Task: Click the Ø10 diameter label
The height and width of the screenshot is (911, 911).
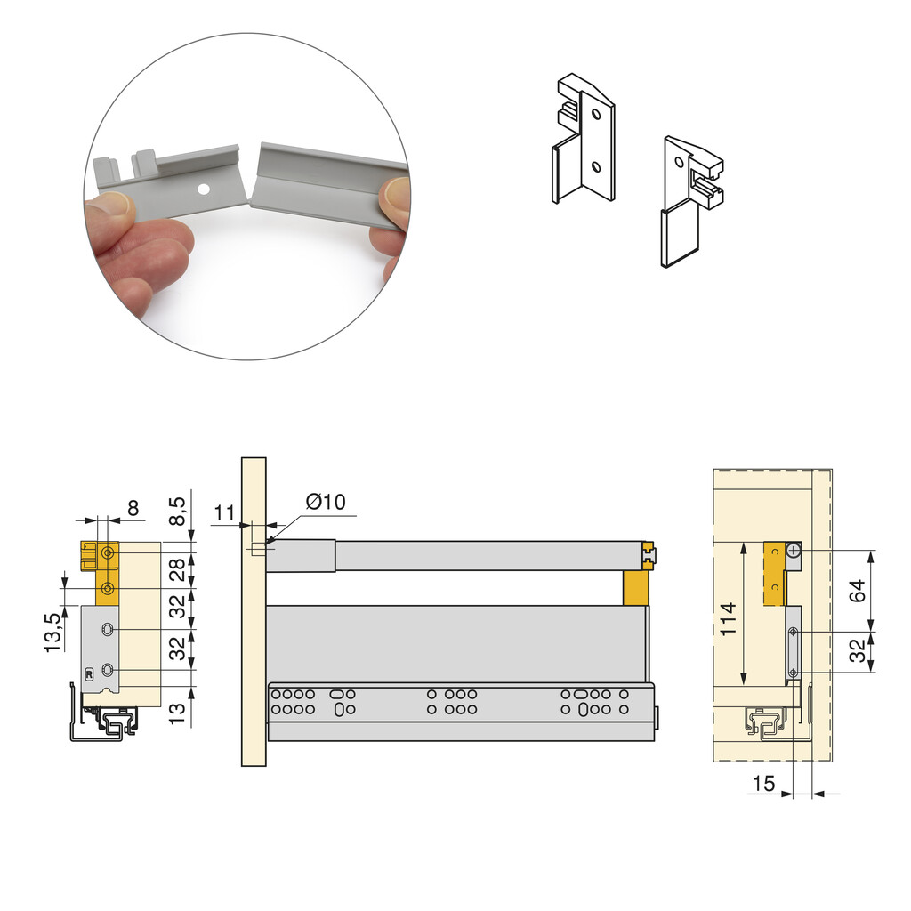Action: pos(326,502)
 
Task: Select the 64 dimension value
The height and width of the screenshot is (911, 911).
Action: pos(857,591)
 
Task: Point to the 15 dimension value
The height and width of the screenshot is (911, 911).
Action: pos(763,784)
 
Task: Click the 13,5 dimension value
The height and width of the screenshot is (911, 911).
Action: pos(52,633)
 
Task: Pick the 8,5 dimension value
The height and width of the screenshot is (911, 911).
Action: pos(177,511)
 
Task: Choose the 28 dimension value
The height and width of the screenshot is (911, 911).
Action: pos(177,569)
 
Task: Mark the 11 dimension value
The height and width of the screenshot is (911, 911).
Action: pos(224,513)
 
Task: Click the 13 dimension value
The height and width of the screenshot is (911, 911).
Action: pos(177,712)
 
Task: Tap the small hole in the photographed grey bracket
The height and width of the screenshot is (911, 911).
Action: pos(203,189)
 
